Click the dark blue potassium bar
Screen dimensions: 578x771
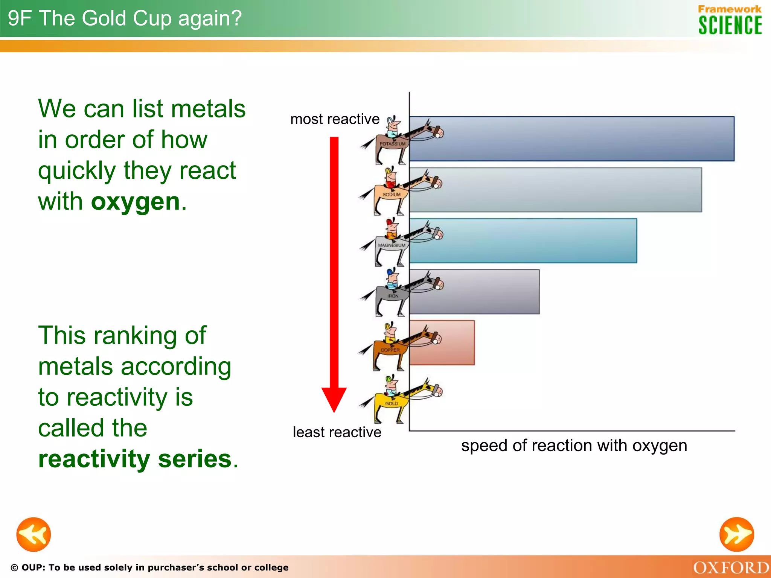[x=571, y=139]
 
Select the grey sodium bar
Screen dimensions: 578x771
[x=555, y=190]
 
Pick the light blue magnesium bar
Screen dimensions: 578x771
[x=523, y=241]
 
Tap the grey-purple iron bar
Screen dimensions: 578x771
[x=474, y=292]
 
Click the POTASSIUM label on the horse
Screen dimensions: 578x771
[x=392, y=144]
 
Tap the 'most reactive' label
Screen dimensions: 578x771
[x=335, y=119]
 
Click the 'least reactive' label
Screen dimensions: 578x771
[x=337, y=432]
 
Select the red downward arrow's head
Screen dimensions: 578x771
[x=334, y=399]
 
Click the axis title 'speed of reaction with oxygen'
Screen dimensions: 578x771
[x=574, y=446]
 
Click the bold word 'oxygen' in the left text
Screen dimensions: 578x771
[x=136, y=202]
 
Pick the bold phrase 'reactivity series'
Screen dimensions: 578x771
[x=135, y=459]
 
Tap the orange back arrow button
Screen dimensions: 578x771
[x=34, y=534]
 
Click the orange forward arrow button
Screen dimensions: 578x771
[x=736, y=534]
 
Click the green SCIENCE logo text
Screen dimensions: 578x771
[x=730, y=26]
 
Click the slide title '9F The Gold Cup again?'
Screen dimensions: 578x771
[x=125, y=18]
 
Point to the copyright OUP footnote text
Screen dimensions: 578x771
[x=149, y=567]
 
